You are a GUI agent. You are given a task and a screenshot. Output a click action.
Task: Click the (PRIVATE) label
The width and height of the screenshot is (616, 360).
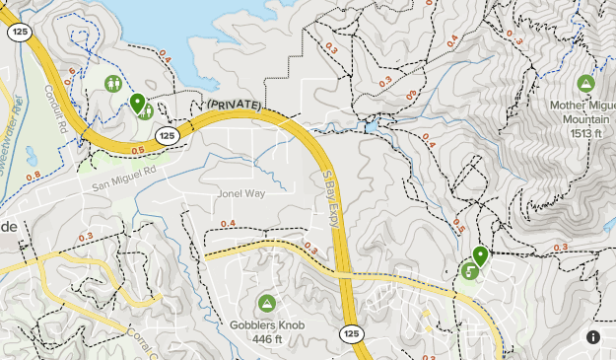233,104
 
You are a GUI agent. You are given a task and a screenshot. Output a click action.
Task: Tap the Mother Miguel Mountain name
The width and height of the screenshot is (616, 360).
585,108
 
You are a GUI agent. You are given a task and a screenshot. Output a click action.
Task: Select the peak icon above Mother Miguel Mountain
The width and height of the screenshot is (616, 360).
585,83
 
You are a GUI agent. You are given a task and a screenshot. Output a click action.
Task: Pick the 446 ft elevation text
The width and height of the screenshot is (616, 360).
266,340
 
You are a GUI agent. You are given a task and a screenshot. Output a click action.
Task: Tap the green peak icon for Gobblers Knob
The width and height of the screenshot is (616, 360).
266,303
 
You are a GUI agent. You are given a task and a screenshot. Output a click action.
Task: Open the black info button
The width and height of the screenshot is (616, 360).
593,337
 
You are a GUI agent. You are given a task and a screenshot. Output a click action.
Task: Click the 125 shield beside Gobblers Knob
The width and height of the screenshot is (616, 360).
352,334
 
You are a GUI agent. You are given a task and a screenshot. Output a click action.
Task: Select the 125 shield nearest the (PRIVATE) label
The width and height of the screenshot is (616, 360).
168,135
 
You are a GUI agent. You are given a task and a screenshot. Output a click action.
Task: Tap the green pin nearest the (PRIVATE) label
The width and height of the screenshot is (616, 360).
137,103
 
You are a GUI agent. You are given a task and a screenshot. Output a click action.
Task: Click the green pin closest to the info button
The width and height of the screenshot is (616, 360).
480,255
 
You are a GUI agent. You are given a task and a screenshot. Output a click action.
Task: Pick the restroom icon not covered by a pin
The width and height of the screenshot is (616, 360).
115,84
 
